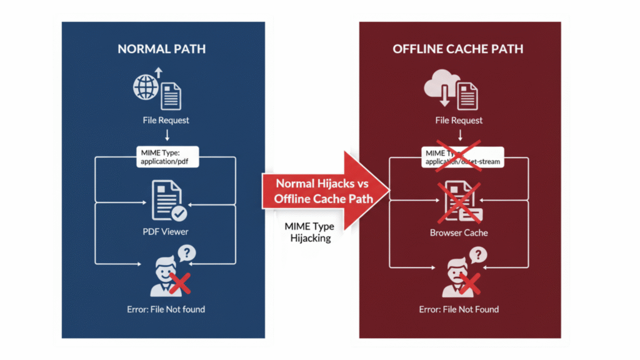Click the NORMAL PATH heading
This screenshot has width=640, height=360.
(x=161, y=49)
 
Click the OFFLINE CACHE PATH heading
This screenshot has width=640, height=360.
(x=459, y=49)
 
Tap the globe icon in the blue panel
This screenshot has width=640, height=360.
(x=144, y=88)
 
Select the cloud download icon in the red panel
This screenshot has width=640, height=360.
(x=441, y=85)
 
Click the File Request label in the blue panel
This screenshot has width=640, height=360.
(x=166, y=120)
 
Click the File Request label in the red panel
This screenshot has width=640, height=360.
(x=459, y=120)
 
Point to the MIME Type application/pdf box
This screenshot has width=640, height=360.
(x=167, y=157)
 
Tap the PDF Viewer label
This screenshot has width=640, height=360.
(x=166, y=232)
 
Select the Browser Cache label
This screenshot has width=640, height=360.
(x=459, y=232)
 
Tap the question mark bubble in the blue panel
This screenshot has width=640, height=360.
(x=186, y=254)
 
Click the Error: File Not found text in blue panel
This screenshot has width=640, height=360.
(x=165, y=309)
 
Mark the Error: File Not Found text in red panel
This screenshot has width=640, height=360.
(x=459, y=309)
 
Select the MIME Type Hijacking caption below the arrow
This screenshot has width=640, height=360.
(x=309, y=231)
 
